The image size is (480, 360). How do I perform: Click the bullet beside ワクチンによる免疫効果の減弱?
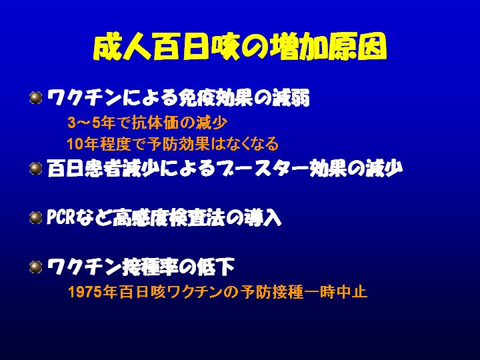pos(36,98)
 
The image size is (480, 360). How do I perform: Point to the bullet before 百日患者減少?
pos(36,169)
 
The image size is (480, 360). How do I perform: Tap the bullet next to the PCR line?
pos(36,217)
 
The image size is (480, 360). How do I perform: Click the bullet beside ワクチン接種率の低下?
pos(36,267)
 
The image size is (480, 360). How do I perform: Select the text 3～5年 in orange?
pos(91,123)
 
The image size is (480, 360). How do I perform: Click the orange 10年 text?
pos(83,143)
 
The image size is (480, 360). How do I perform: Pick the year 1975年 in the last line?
pos(93,291)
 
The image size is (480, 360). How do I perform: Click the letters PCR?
pos(61,217)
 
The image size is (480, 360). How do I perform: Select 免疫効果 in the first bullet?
pos(215,97)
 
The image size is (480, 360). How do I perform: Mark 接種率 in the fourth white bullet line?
pos(150,267)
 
